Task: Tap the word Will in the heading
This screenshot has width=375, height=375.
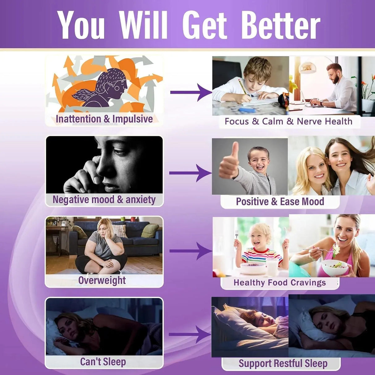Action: point(143,25)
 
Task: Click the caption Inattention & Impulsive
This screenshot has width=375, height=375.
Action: point(104,119)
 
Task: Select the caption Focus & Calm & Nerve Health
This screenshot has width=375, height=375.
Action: point(289,121)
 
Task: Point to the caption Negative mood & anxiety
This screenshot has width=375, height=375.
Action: point(104,200)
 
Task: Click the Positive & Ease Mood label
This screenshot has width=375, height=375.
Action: point(280,201)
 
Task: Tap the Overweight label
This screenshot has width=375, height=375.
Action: point(102,280)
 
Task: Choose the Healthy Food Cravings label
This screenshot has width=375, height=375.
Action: point(280,283)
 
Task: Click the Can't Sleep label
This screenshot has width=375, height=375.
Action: point(103,362)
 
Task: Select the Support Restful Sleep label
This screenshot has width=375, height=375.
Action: point(283,363)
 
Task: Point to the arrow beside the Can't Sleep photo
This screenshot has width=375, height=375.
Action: point(190,335)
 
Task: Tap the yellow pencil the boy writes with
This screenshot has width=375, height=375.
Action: point(242,87)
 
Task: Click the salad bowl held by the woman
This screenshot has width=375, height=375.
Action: point(335,268)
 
